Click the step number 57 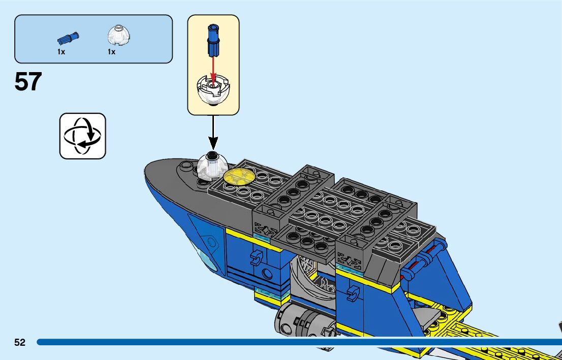coord(28,81)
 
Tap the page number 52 coord(20,342)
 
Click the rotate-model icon coord(83,136)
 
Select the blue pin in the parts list coord(68,38)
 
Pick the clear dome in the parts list coord(118,36)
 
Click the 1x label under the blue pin coord(61,52)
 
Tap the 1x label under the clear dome coord(111,52)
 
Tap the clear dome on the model coord(212,166)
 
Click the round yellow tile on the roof coord(239,176)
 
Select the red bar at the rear coord(427,259)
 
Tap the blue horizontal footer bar coord(295,342)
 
